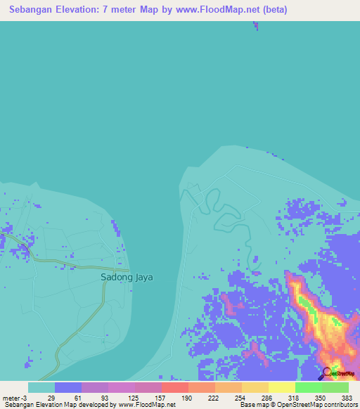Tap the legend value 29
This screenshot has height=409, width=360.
click(51, 398)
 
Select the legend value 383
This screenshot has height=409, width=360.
click(347, 398)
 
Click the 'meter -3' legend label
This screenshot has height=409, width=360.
click(13, 398)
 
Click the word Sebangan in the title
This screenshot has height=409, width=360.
click(33, 11)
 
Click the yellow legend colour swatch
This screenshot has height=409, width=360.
click(281, 387)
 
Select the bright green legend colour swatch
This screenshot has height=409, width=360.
click(308, 387)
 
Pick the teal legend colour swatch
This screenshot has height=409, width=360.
click(41, 387)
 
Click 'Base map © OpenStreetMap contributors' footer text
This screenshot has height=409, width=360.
click(296, 405)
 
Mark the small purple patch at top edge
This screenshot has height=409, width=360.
click(256, 26)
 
